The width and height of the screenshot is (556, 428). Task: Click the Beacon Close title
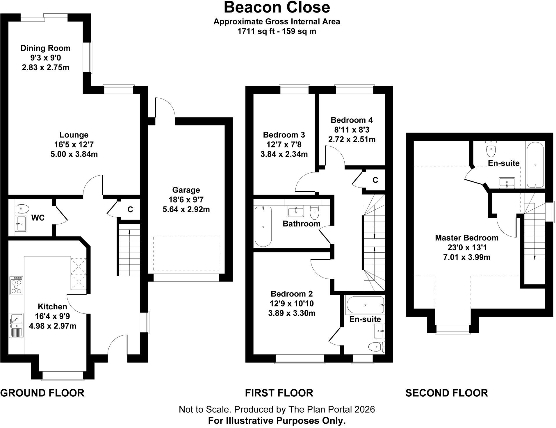click(x=277, y=8)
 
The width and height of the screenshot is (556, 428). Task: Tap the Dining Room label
click(x=45, y=48)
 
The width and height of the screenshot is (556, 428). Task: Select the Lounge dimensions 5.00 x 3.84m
click(x=74, y=154)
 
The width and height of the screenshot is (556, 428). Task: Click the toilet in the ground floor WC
click(x=22, y=209)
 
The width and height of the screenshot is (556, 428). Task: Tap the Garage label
click(x=186, y=190)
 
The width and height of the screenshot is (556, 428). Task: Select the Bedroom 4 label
click(x=352, y=120)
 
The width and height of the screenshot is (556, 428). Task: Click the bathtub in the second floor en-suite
click(x=535, y=165)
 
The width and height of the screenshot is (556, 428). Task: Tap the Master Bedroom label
click(x=466, y=238)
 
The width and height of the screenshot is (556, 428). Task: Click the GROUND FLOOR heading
click(x=42, y=393)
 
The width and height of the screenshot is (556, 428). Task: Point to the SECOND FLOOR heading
click(x=447, y=393)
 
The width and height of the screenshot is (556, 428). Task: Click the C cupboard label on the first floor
click(x=375, y=180)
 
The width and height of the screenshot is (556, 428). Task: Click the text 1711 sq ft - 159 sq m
click(x=277, y=31)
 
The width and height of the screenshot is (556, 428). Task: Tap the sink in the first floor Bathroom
click(x=295, y=211)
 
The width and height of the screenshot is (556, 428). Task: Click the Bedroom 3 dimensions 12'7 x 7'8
click(x=284, y=145)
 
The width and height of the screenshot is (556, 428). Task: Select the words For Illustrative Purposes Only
click(x=277, y=421)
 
